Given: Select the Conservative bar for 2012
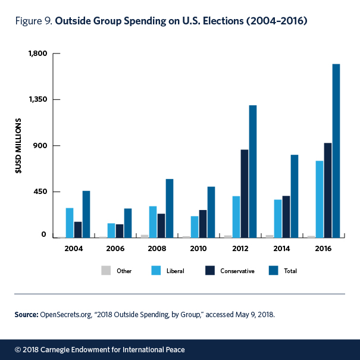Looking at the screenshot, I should click(245, 193).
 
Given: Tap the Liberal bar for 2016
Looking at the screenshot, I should click(320, 199).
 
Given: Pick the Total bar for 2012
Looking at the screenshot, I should click(253, 171).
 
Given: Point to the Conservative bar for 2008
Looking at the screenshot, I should click(161, 226).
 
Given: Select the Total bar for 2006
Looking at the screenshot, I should click(128, 223).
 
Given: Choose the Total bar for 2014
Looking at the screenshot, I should click(295, 196).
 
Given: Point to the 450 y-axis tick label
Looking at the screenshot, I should click(40, 192).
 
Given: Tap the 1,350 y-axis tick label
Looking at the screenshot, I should click(37, 99).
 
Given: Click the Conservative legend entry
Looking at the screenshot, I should click(237, 271).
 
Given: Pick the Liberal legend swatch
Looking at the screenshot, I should click(157, 270).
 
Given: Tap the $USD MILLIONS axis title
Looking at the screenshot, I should click(18, 146).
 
